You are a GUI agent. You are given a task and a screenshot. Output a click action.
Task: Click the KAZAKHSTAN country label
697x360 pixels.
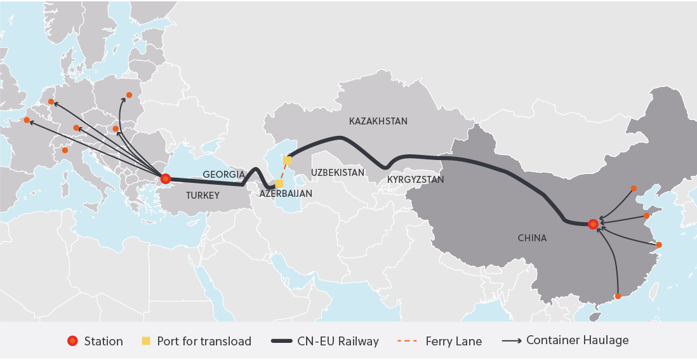[x=378, y=121]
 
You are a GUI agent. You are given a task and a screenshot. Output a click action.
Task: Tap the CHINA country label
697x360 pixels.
[x=531, y=238]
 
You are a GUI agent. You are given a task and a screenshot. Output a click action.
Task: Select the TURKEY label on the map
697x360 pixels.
[x=202, y=196]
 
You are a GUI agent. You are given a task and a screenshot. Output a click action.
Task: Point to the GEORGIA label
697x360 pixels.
[x=223, y=174]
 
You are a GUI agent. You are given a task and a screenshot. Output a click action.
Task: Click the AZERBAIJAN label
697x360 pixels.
[x=286, y=193]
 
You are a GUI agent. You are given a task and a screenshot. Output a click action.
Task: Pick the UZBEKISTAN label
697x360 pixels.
[x=338, y=173]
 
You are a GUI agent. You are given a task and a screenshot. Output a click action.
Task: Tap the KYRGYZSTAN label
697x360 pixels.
[x=415, y=180]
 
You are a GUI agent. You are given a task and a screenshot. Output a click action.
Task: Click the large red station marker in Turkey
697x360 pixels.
[x=166, y=178]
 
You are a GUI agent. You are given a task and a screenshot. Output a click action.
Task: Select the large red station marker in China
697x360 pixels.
[x=593, y=224]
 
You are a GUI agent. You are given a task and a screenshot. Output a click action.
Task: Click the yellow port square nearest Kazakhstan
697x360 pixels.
[x=288, y=161]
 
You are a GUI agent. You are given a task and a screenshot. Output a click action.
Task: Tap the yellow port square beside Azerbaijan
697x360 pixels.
[x=279, y=183]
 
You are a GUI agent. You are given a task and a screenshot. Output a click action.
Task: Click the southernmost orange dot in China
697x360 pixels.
[x=618, y=295]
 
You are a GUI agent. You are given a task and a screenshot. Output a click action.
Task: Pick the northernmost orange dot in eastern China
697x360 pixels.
[x=634, y=188]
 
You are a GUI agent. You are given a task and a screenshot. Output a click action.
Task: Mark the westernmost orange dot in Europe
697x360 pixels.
[x=27, y=120]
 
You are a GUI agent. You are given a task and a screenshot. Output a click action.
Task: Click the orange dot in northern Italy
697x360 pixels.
[x=65, y=150]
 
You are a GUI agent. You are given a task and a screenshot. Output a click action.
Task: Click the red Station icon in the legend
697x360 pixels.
[x=72, y=341]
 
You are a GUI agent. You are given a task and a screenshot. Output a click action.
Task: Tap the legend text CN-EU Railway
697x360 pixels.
[x=338, y=341]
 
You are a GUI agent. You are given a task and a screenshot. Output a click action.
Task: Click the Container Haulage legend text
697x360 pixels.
[x=577, y=340]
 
